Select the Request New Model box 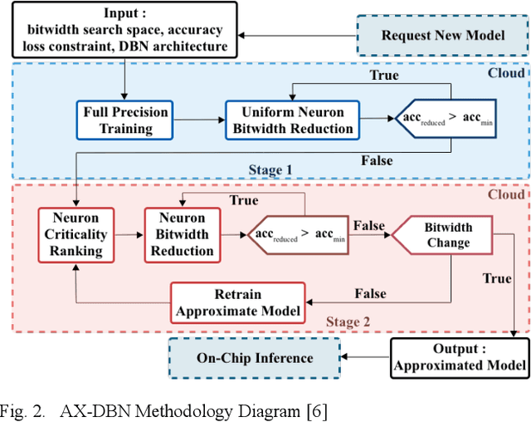(441, 35)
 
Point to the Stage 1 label (271, 170)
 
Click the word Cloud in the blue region (506, 73)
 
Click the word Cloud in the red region (506, 194)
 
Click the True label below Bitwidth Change (497, 278)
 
